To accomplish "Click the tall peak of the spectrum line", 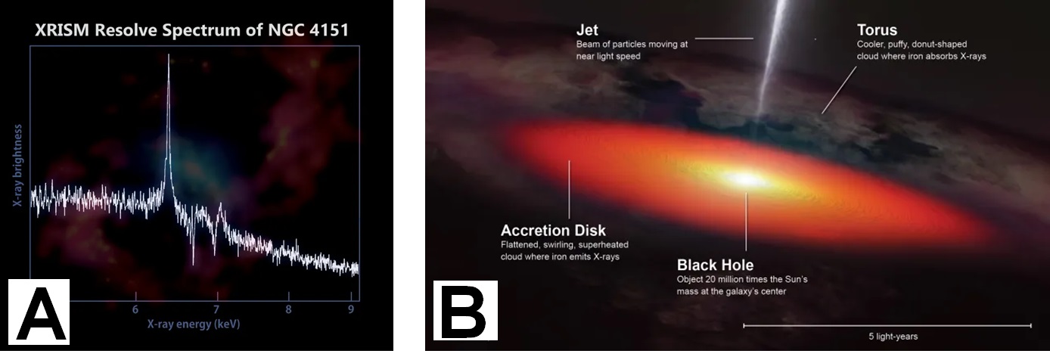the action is tap(169, 55).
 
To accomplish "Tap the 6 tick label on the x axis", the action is tap(135, 309).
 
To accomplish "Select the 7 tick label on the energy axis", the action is tap(216, 309).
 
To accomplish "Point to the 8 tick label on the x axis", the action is tap(288, 309).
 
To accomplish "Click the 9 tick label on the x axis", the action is tap(351, 309).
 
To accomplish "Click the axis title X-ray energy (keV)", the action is tap(194, 324).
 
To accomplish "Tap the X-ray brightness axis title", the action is tap(17, 166).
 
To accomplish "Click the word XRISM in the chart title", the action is tap(62, 30).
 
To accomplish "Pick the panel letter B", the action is tap(465, 311).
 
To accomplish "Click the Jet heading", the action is tap(587, 30).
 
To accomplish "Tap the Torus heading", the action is tap(877, 30).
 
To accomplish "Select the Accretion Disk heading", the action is tap(553, 230).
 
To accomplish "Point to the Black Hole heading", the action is tap(716, 265).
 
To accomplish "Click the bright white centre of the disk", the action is tap(745, 179).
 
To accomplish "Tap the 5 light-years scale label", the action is tap(893, 337).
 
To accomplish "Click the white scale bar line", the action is tap(887, 325).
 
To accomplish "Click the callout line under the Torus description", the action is tap(839, 89).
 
